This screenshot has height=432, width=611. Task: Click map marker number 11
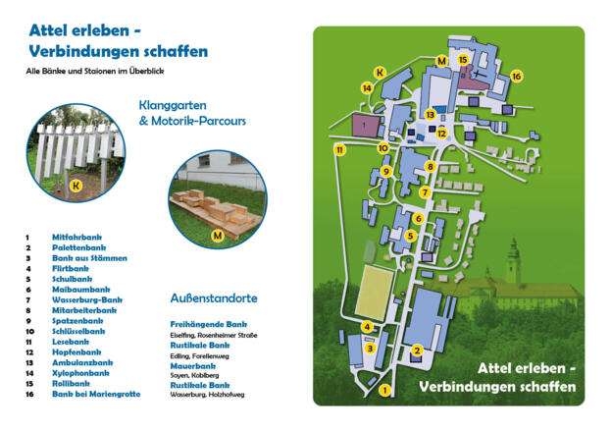340,150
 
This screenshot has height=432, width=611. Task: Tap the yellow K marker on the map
381,71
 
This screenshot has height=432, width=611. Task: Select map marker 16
516,76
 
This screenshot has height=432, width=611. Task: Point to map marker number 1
384,390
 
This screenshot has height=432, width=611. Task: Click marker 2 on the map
417,351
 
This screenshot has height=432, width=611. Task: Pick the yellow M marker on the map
442,61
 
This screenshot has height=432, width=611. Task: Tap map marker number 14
367,88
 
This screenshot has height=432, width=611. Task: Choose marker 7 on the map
425,192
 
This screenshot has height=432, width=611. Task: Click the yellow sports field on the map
374,292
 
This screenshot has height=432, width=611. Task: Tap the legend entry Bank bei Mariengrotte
96,394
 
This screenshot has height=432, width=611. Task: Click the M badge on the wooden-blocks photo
217,235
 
